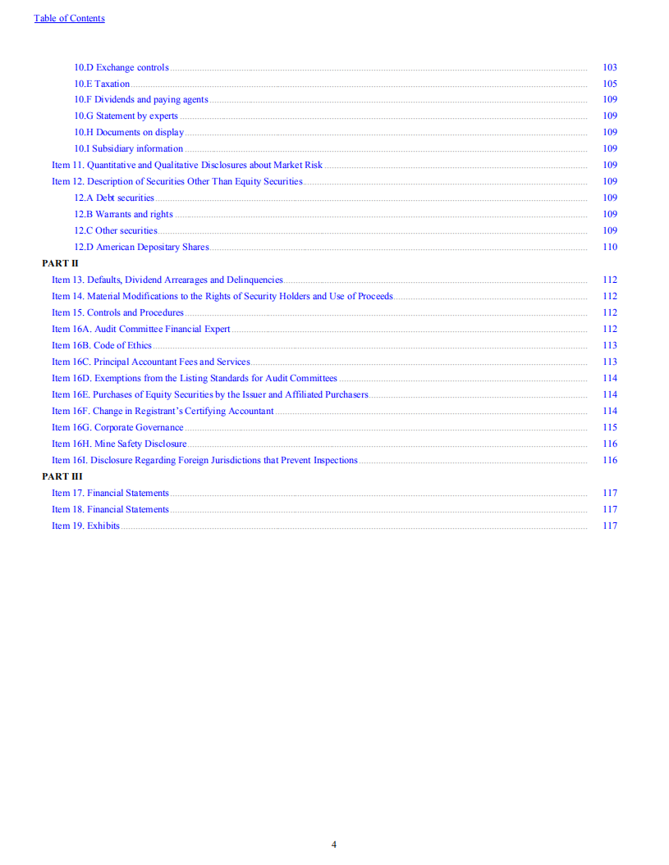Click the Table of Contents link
coord(69,18)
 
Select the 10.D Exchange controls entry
coord(121,67)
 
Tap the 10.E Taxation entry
coord(102,84)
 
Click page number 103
coord(609,67)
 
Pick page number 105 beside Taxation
coord(609,84)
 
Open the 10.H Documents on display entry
coord(129,132)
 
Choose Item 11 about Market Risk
coord(187,165)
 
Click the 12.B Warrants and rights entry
coord(123,214)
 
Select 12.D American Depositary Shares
coord(141,247)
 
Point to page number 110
coord(609,247)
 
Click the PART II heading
coord(60,263)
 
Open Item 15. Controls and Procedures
coord(117,312)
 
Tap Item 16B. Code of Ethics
coord(102,345)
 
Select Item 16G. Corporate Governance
coord(117,427)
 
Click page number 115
coord(609,427)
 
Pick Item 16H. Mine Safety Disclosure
coord(119,444)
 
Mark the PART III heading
coord(62,476)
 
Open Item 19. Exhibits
coord(85,526)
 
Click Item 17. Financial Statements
coord(110,493)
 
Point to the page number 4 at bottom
coord(334,845)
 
